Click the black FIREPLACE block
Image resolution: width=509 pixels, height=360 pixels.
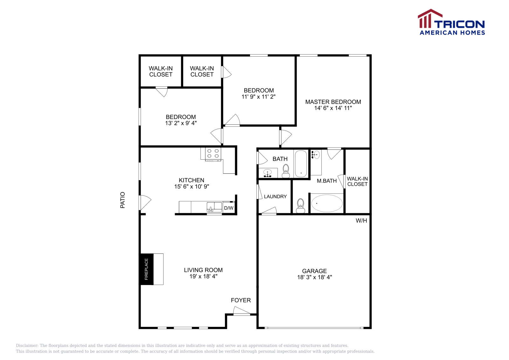click(x=146, y=269)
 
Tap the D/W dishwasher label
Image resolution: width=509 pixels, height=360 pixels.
click(x=229, y=208)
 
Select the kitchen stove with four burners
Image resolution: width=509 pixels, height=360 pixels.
click(x=213, y=154)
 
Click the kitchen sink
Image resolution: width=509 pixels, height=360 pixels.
click(x=214, y=207)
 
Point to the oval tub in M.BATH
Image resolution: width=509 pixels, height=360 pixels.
click(x=327, y=203)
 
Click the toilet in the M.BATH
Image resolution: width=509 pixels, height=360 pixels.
click(x=300, y=206)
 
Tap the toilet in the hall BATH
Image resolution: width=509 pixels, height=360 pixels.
click(x=286, y=171)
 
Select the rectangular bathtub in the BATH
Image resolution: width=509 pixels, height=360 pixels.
click(x=301, y=164)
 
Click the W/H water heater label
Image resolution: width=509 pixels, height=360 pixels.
click(x=361, y=221)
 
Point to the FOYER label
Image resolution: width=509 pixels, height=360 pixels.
click(x=241, y=300)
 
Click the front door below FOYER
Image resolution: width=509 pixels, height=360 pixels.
click(x=241, y=312)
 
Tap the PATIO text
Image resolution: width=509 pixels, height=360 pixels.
click(x=122, y=200)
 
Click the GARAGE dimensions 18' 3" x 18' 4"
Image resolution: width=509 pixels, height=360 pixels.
click(x=314, y=277)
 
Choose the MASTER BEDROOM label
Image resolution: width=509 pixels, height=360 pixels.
click(x=333, y=102)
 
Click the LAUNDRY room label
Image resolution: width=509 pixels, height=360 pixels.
click(x=275, y=197)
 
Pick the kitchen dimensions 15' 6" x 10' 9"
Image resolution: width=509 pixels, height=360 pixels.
click(x=192, y=186)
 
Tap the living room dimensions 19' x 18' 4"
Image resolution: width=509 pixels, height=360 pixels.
click(x=203, y=276)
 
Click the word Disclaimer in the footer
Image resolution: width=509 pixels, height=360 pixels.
click(x=27, y=345)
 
